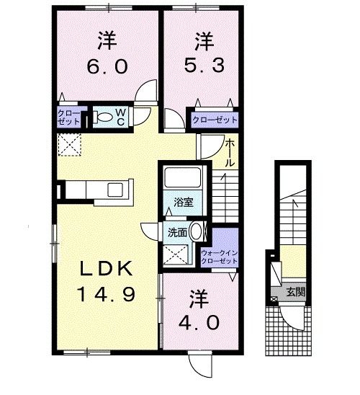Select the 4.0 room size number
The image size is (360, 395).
tap(194, 321)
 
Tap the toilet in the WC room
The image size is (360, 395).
tap(103, 117)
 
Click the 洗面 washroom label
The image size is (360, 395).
tap(177, 233)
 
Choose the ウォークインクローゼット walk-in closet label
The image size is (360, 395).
tap(217, 257)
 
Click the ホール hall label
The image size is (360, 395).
tap(230, 153)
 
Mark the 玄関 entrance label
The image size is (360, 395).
tap(295, 292)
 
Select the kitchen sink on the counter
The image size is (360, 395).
tap(115, 189)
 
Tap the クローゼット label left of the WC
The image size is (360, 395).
tap(70, 117)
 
